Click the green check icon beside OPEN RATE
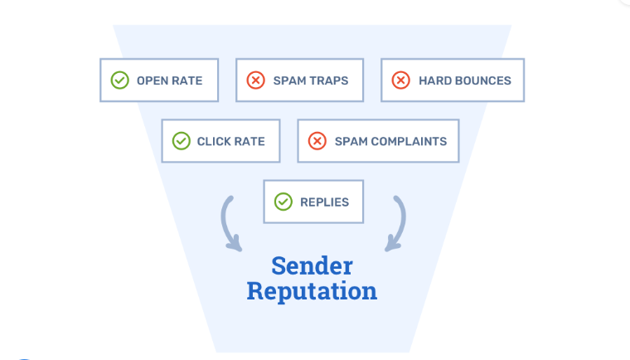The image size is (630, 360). tap(120, 80)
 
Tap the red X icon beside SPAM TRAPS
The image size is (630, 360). tap(255, 80)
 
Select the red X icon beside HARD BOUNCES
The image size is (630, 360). tap(400, 80)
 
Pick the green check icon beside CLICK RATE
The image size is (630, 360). tap(181, 141)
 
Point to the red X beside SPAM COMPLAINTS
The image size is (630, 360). tap(317, 141)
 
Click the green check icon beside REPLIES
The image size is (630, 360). tap(283, 202)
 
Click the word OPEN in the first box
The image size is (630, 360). tap(153, 81)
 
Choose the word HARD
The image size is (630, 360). tap(435, 81)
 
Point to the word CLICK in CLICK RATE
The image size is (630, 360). tap(215, 142)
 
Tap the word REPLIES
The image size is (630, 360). tap(325, 202)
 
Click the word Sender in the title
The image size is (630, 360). tap(312, 266)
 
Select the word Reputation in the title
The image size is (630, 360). tap(312, 292)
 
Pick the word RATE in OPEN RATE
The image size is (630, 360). tap(188, 81)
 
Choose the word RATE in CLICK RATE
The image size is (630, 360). tap(250, 142)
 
